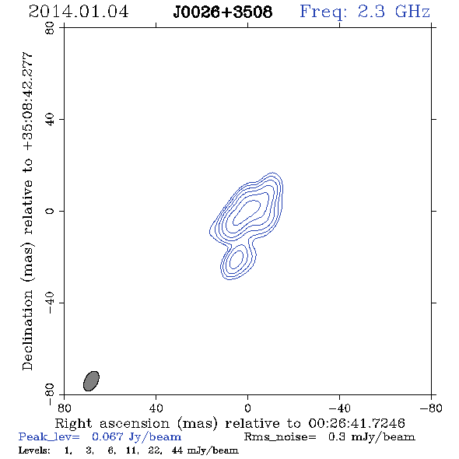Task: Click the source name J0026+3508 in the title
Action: pos(222,12)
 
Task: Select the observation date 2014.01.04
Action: pos(79,12)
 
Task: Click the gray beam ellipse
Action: pos(91,381)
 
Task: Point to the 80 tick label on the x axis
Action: pos(64,408)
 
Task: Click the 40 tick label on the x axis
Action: pos(156,408)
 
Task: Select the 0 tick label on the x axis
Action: pos(247,408)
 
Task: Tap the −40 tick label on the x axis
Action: pos(339,408)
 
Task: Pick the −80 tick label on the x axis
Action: pos(431,408)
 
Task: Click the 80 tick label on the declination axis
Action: pos(50,28)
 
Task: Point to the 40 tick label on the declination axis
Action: pos(50,120)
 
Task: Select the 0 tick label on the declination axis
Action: pos(50,211)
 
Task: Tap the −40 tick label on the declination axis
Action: pos(50,303)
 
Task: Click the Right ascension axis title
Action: pos(229,423)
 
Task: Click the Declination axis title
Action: pos(27,211)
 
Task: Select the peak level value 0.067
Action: pos(107,436)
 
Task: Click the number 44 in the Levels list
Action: pos(177,450)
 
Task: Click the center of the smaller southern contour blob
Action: pos(236,260)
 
